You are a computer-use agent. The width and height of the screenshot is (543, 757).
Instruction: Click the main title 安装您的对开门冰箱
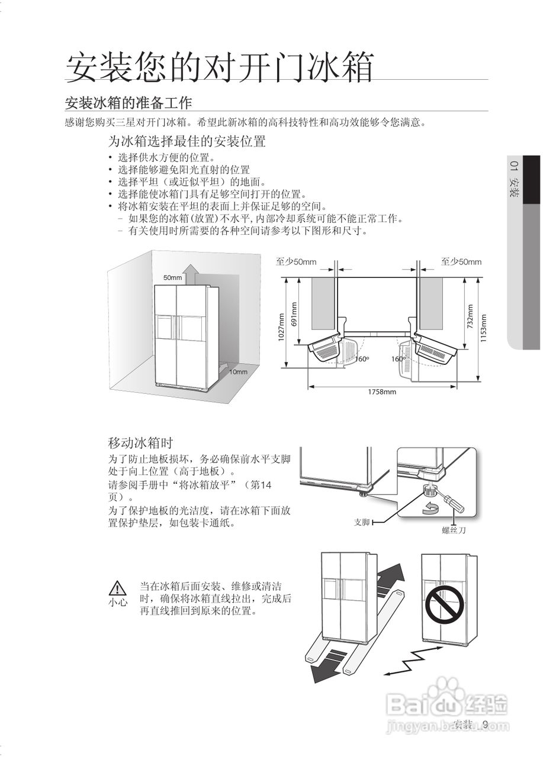pyautogui.click(x=219, y=66)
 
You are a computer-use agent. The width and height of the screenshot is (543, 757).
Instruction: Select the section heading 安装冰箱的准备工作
pyautogui.click(x=128, y=103)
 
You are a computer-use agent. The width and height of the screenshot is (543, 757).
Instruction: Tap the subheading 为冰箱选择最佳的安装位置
pyautogui.click(x=186, y=142)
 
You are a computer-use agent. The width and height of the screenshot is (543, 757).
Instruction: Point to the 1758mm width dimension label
pyautogui.click(x=382, y=392)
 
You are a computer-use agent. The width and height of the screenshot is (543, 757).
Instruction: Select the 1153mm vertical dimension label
pyautogui.click(x=483, y=328)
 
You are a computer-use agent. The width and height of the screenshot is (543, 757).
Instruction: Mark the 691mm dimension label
pyautogui.click(x=294, y=314)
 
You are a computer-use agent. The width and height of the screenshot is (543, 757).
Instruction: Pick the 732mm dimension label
pyautogui.click(x=470, y=316)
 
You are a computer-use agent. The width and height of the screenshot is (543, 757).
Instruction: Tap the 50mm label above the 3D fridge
pyautogui.click(x=172, y=277)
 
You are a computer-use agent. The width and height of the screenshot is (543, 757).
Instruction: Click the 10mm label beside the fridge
pyautogui.click(x=238, y=372)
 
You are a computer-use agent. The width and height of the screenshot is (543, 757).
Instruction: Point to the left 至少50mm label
pyautogui.click(x=296, y=262)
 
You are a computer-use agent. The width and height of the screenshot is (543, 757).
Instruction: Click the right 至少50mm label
pyautogui.click(x=461, y=262)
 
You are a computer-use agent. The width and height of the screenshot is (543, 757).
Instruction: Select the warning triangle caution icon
pyautogui.click(x=118, y=588)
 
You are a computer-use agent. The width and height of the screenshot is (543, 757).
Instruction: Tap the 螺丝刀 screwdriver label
pyautogui.click(x=454, y=530)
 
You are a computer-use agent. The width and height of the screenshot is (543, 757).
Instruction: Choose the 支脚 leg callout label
pyautogui.click(x=362, y=522)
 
